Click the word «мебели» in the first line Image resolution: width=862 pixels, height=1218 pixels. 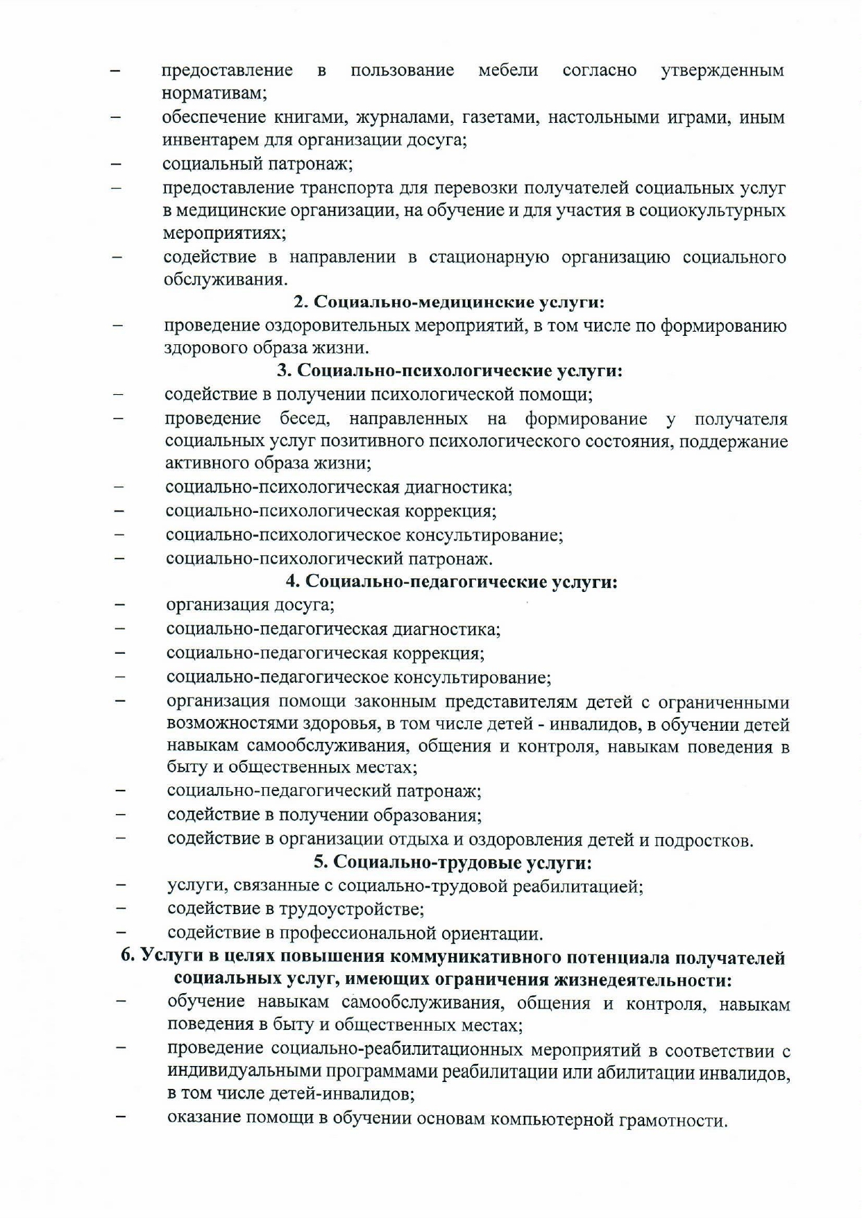coord(508,70)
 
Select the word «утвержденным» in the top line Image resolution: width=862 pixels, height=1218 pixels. coord(722,70)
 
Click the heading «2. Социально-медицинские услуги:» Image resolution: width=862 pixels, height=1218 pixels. coord(449,303)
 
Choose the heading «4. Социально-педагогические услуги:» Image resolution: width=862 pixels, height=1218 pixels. coord(452,582)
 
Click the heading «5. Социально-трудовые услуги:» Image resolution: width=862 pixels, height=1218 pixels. coord(453,863)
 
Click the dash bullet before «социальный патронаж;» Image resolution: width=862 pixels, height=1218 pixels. coord(116,165)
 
